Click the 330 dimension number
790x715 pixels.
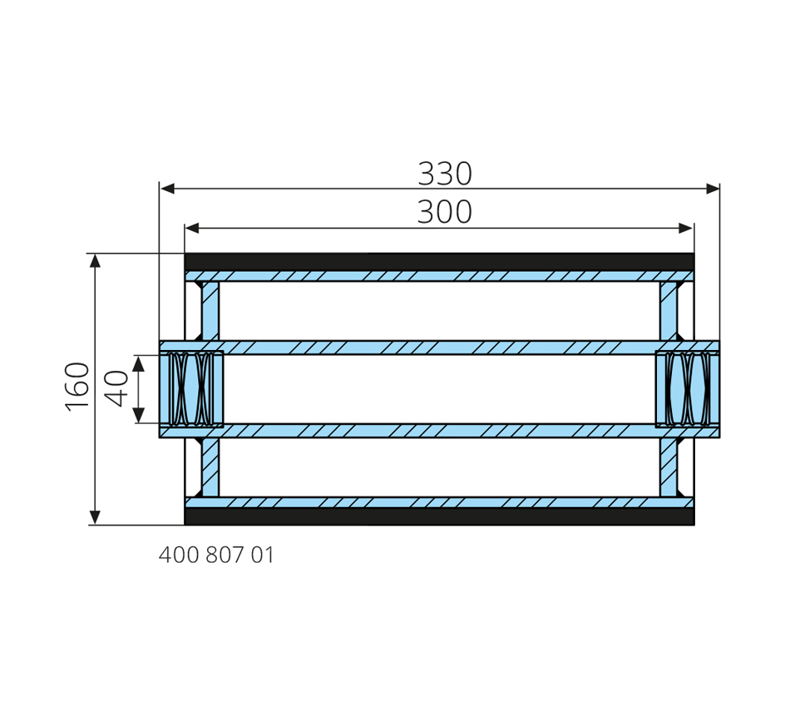[445, 173]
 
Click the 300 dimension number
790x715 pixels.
[445, 212]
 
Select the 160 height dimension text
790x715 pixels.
[77, 387]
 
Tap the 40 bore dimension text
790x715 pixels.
[116, 388]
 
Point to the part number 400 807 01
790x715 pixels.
[216, 555]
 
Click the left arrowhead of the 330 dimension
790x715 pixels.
[167, 189]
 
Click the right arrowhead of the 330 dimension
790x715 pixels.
[713, 189]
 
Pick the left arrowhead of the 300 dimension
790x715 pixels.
[192, 229]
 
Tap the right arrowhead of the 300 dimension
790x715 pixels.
[686, 229]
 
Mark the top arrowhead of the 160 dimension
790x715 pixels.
[95, 260]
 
